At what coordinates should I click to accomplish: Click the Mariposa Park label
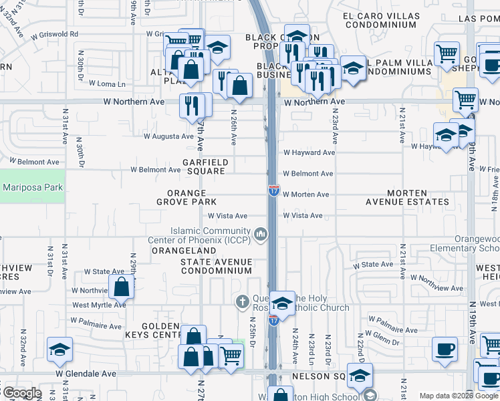point(31,187)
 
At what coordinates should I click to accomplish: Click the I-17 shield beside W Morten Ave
point(274,191)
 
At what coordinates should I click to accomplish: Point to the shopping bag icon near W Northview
point(122,287)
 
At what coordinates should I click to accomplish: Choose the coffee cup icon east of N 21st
point(444,348)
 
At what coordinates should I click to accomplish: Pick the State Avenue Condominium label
point(216,266)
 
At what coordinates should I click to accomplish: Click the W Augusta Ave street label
point(168,136)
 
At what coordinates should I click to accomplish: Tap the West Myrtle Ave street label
point(99,305)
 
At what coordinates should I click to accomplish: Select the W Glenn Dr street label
point(383,340)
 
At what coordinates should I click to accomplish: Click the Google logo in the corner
point(21,393)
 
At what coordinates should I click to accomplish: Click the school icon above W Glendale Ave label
point(59,349)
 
